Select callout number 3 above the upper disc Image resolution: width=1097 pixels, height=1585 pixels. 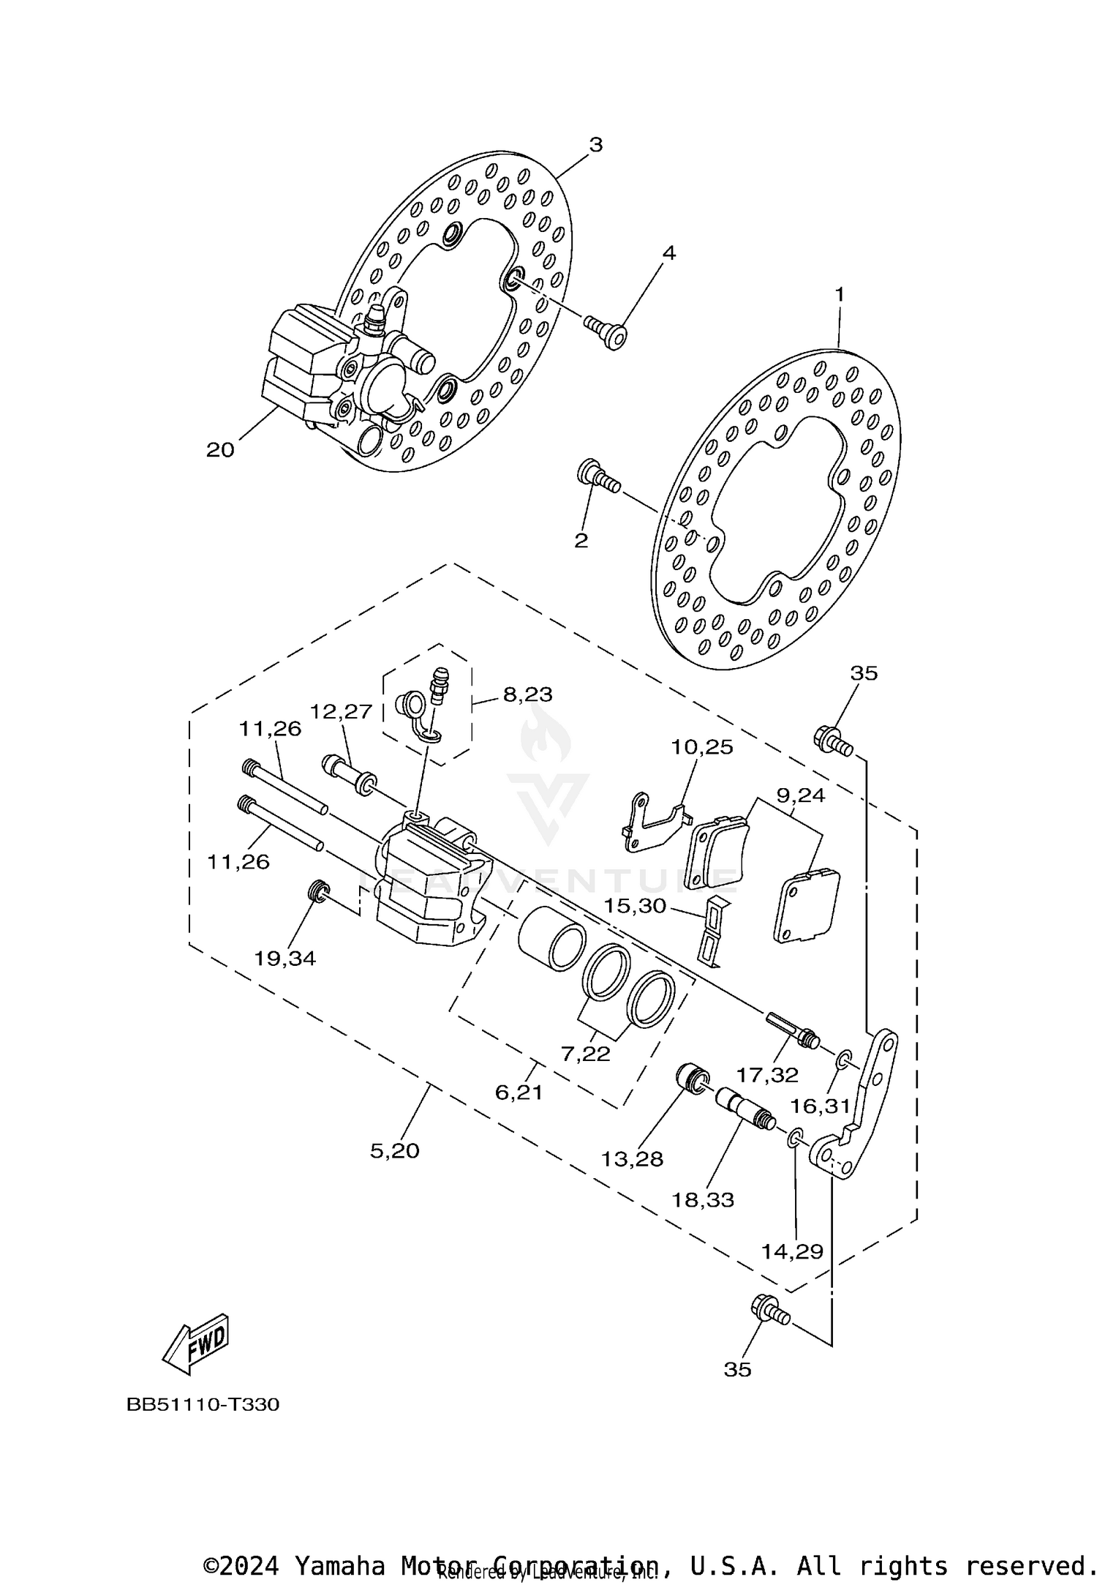pyautogui.click(x=596, y=145)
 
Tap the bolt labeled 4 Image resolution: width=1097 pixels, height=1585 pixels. pyautogui.click(x=607, y=331)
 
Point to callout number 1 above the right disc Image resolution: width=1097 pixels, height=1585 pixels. pyautogui.click(x=840, y=294)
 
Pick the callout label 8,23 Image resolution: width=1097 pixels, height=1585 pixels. pyautogui.click(x=527, y=694)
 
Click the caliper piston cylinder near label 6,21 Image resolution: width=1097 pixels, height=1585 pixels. pyautogui.click(x=550, y=938)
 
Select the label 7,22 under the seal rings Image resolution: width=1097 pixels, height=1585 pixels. pyautogui.click(x=585, y=1053)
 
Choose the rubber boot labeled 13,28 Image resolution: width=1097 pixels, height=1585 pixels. pyautogui.click(x=691, y=1080)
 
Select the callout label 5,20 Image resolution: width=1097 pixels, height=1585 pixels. pyautogui.click(x=394, y=1150)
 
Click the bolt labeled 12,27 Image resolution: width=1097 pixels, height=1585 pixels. pyautogui.click(x=347, y=773)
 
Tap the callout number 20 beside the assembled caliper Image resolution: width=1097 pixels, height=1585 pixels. pyautogui.click(x=219, y=449)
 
